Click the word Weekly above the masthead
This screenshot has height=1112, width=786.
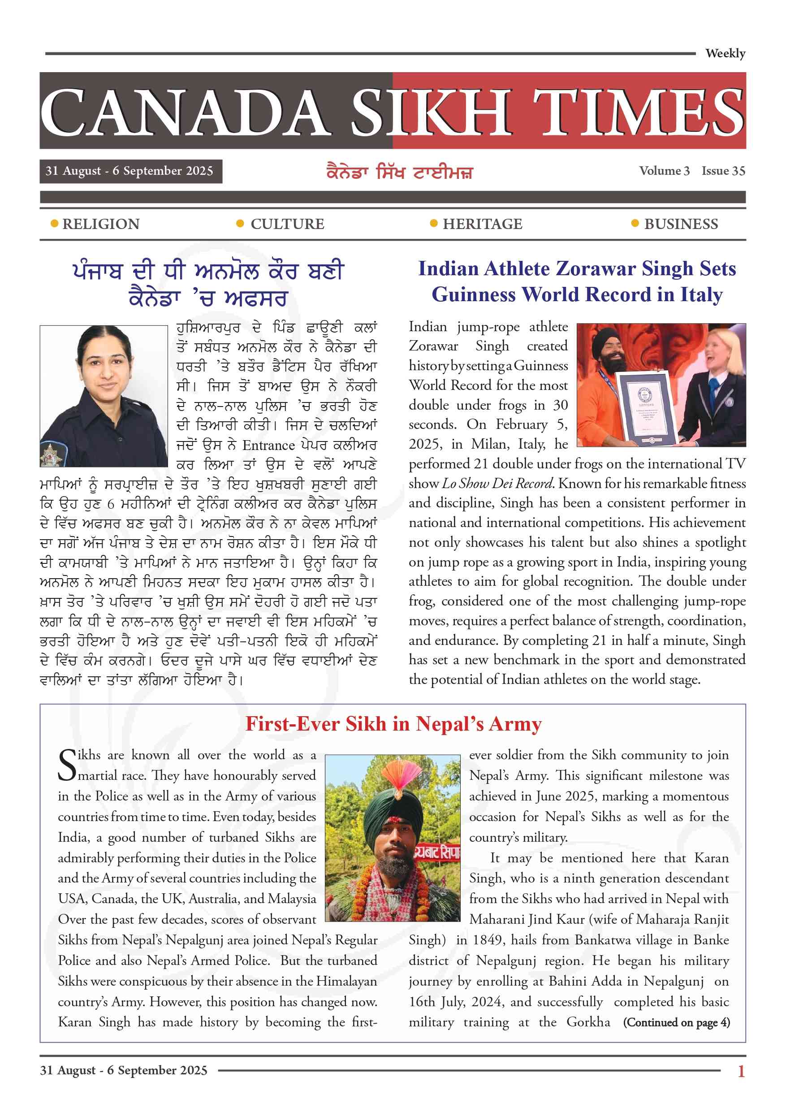click(725, 53)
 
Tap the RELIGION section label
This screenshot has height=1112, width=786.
click(101, 224)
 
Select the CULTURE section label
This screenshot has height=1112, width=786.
click(287, 224)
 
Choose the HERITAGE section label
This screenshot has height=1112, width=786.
click(482, 224)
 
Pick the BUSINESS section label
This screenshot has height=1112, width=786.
click(681, 224)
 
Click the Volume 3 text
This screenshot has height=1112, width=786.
click(664, 171)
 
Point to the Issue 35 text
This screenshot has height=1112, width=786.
click(723, 171)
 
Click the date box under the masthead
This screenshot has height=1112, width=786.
click(131, 172)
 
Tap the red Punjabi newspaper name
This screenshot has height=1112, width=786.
click(400, 173)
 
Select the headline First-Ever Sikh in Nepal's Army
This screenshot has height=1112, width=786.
click(393, 724)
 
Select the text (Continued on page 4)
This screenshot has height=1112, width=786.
click(676, 1022)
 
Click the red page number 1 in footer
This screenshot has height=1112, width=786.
click(741, 1071)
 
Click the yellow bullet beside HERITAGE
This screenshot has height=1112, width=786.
click(433, 223)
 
